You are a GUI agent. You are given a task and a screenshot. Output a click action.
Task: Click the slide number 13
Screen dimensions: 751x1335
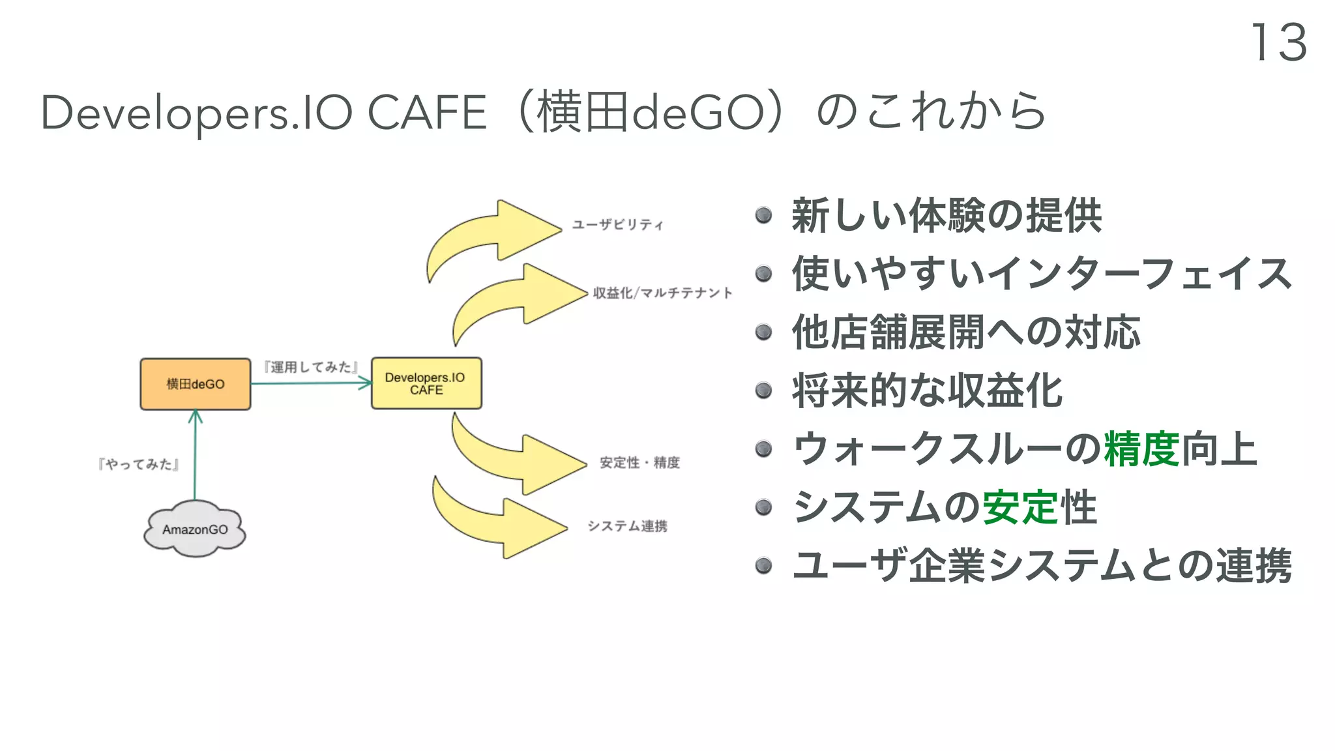(x=1278, y=43)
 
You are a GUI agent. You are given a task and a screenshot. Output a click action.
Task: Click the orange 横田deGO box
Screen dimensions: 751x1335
(x=195, y=384)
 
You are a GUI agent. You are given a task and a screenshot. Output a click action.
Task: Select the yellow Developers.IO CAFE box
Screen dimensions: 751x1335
(x=426, y=383)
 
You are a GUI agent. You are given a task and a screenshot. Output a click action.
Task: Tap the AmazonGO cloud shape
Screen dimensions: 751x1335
(x=194, y=529)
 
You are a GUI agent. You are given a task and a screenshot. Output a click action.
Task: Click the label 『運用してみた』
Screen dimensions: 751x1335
(x=310, y=367)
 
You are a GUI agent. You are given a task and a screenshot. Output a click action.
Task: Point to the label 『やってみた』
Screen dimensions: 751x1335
(x=138, y=464)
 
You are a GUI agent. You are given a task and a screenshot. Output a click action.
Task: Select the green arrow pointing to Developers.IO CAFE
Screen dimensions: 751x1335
(x=310, y=383)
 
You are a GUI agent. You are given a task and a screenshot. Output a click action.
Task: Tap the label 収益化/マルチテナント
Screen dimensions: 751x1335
(x=662, y=293)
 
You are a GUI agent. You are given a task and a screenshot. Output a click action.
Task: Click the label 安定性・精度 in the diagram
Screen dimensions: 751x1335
(x=639, y=462)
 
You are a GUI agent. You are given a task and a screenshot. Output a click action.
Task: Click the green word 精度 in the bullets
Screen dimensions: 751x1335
(x=1141, y=449)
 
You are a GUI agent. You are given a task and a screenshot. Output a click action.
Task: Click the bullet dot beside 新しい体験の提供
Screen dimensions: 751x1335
(x=763, y=215)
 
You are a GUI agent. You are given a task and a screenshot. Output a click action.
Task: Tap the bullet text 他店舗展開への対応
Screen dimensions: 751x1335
(x=966, y=332)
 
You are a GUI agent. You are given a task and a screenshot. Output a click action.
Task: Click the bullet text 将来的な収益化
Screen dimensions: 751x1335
(x=927, y=391)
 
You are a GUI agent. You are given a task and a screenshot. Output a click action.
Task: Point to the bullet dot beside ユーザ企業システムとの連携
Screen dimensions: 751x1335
(x=763, y=565)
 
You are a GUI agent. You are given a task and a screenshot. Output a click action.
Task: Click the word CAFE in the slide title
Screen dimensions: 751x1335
(x=427, y=113)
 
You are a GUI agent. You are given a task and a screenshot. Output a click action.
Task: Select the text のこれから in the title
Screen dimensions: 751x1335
(x=931, y=111)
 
